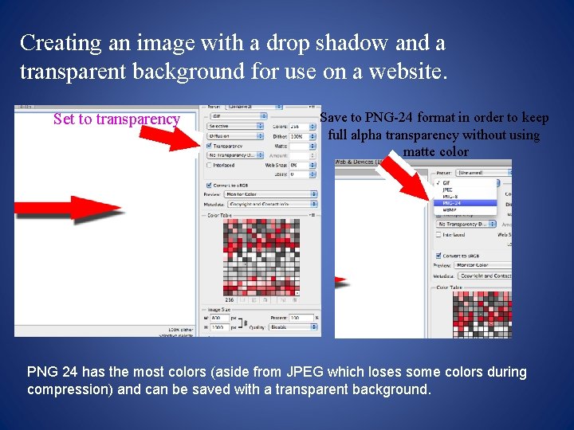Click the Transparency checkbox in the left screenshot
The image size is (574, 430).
click(x=210, y=146)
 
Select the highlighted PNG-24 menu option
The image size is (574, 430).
click(x=446, y=203)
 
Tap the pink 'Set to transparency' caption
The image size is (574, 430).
click(x=116, y=119)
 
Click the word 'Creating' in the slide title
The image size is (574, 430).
click(x=61, y=42)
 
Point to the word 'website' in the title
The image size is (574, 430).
click(x=403, y=72)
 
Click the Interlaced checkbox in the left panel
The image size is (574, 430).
click(x=210, y=165)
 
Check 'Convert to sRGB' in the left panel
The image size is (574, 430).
click(x=210, y=185)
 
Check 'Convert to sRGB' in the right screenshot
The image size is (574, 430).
click(x=438, y=255)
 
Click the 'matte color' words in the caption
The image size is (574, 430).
click(x=435, y=151)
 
